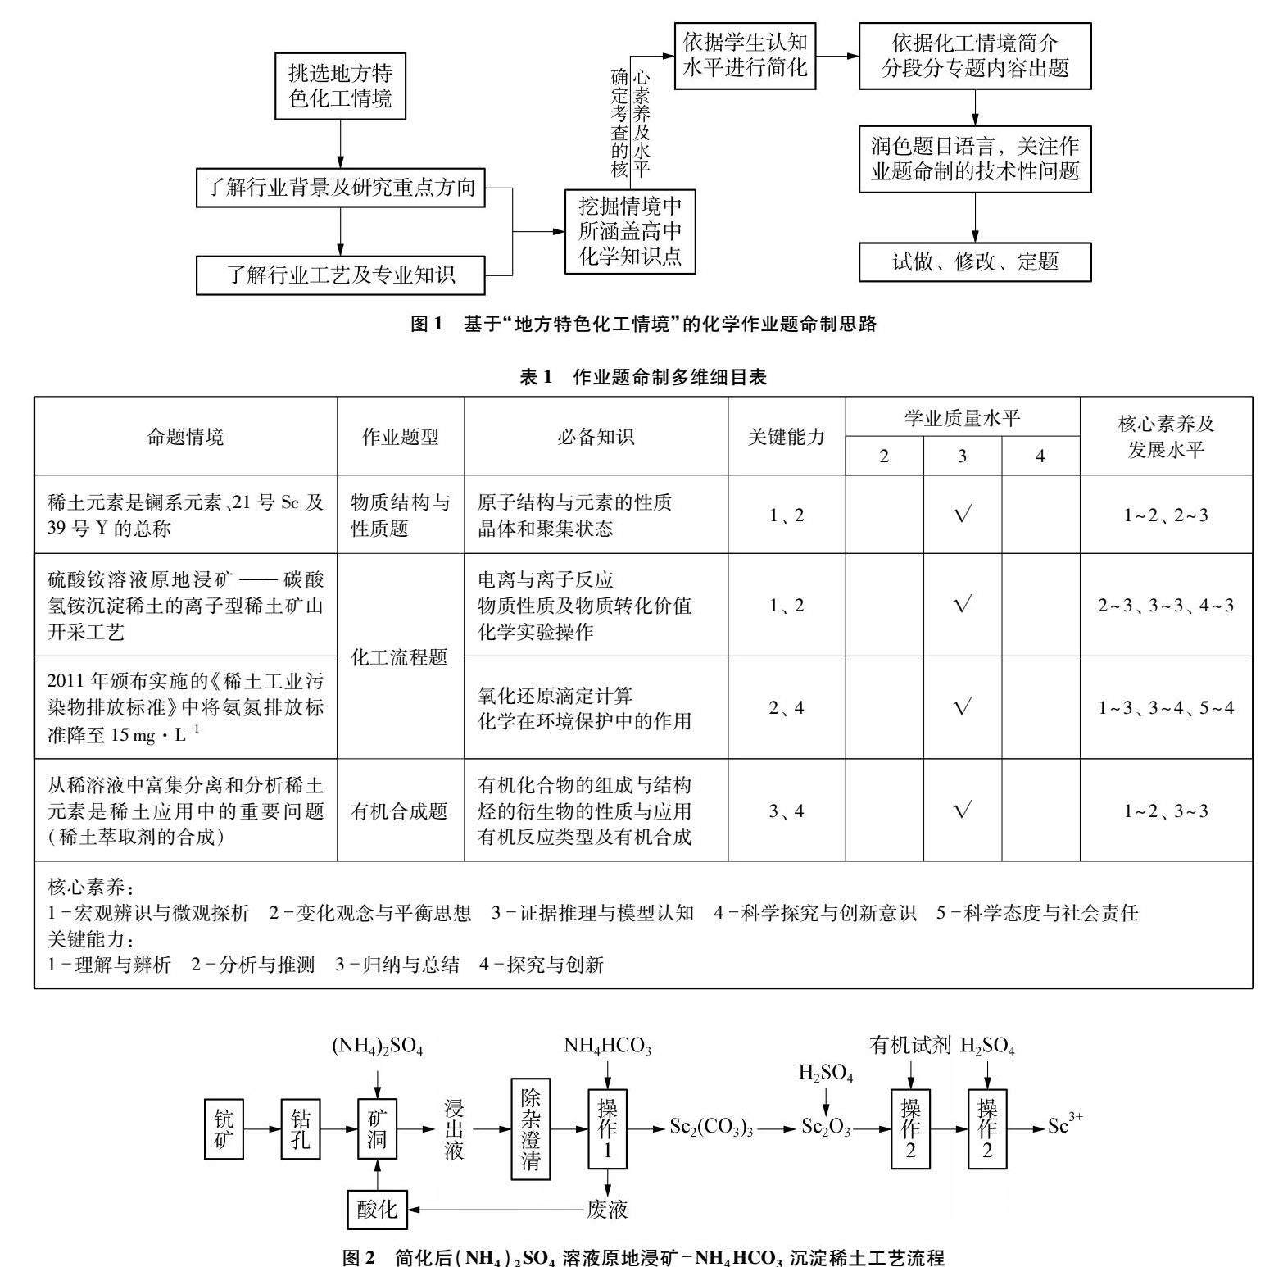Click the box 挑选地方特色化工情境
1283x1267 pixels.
pos(339,85)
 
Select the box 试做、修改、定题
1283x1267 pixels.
pos(975,262)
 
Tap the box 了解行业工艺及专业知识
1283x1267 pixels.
pos(340,275)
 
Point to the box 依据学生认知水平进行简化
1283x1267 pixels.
pos(745,55)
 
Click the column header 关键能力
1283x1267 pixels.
pos(786,437)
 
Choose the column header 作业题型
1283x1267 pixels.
pos(401,437)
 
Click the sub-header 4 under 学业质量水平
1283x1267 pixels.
pos(1040,456)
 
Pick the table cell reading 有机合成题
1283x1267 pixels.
pos(401,811)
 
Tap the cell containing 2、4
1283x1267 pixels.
pos(786,708)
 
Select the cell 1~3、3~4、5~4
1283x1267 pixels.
pos(1166,708)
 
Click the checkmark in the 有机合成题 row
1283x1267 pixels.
pos(963,811)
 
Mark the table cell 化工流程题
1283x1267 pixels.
pos(401,656)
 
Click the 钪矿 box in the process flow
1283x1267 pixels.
pos(224,1129)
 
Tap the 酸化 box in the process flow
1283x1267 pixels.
pos(377,1210)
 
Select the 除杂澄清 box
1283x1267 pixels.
pos(530,1129)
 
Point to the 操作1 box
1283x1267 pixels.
pos(607,1129)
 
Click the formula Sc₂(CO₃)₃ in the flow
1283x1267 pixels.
pos(711,1128)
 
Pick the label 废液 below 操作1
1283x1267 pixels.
pos(607,1210)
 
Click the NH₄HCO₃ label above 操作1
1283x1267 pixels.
pos(607,1047)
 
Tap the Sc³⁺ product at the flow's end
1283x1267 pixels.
pos(1065,1126)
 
